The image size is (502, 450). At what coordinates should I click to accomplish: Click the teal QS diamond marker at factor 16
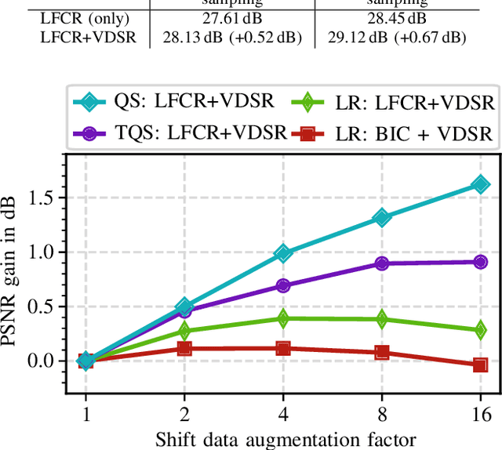480,184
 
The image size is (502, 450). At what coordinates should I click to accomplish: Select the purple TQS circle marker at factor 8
381,263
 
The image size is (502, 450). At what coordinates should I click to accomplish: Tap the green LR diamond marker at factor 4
283,318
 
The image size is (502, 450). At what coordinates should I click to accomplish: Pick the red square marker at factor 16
480,365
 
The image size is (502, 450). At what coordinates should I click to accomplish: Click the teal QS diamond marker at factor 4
283,253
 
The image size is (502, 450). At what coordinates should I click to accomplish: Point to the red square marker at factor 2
184,348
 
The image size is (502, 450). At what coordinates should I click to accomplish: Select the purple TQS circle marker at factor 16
480,261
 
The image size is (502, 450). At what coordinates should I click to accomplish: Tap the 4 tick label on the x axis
283,413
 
